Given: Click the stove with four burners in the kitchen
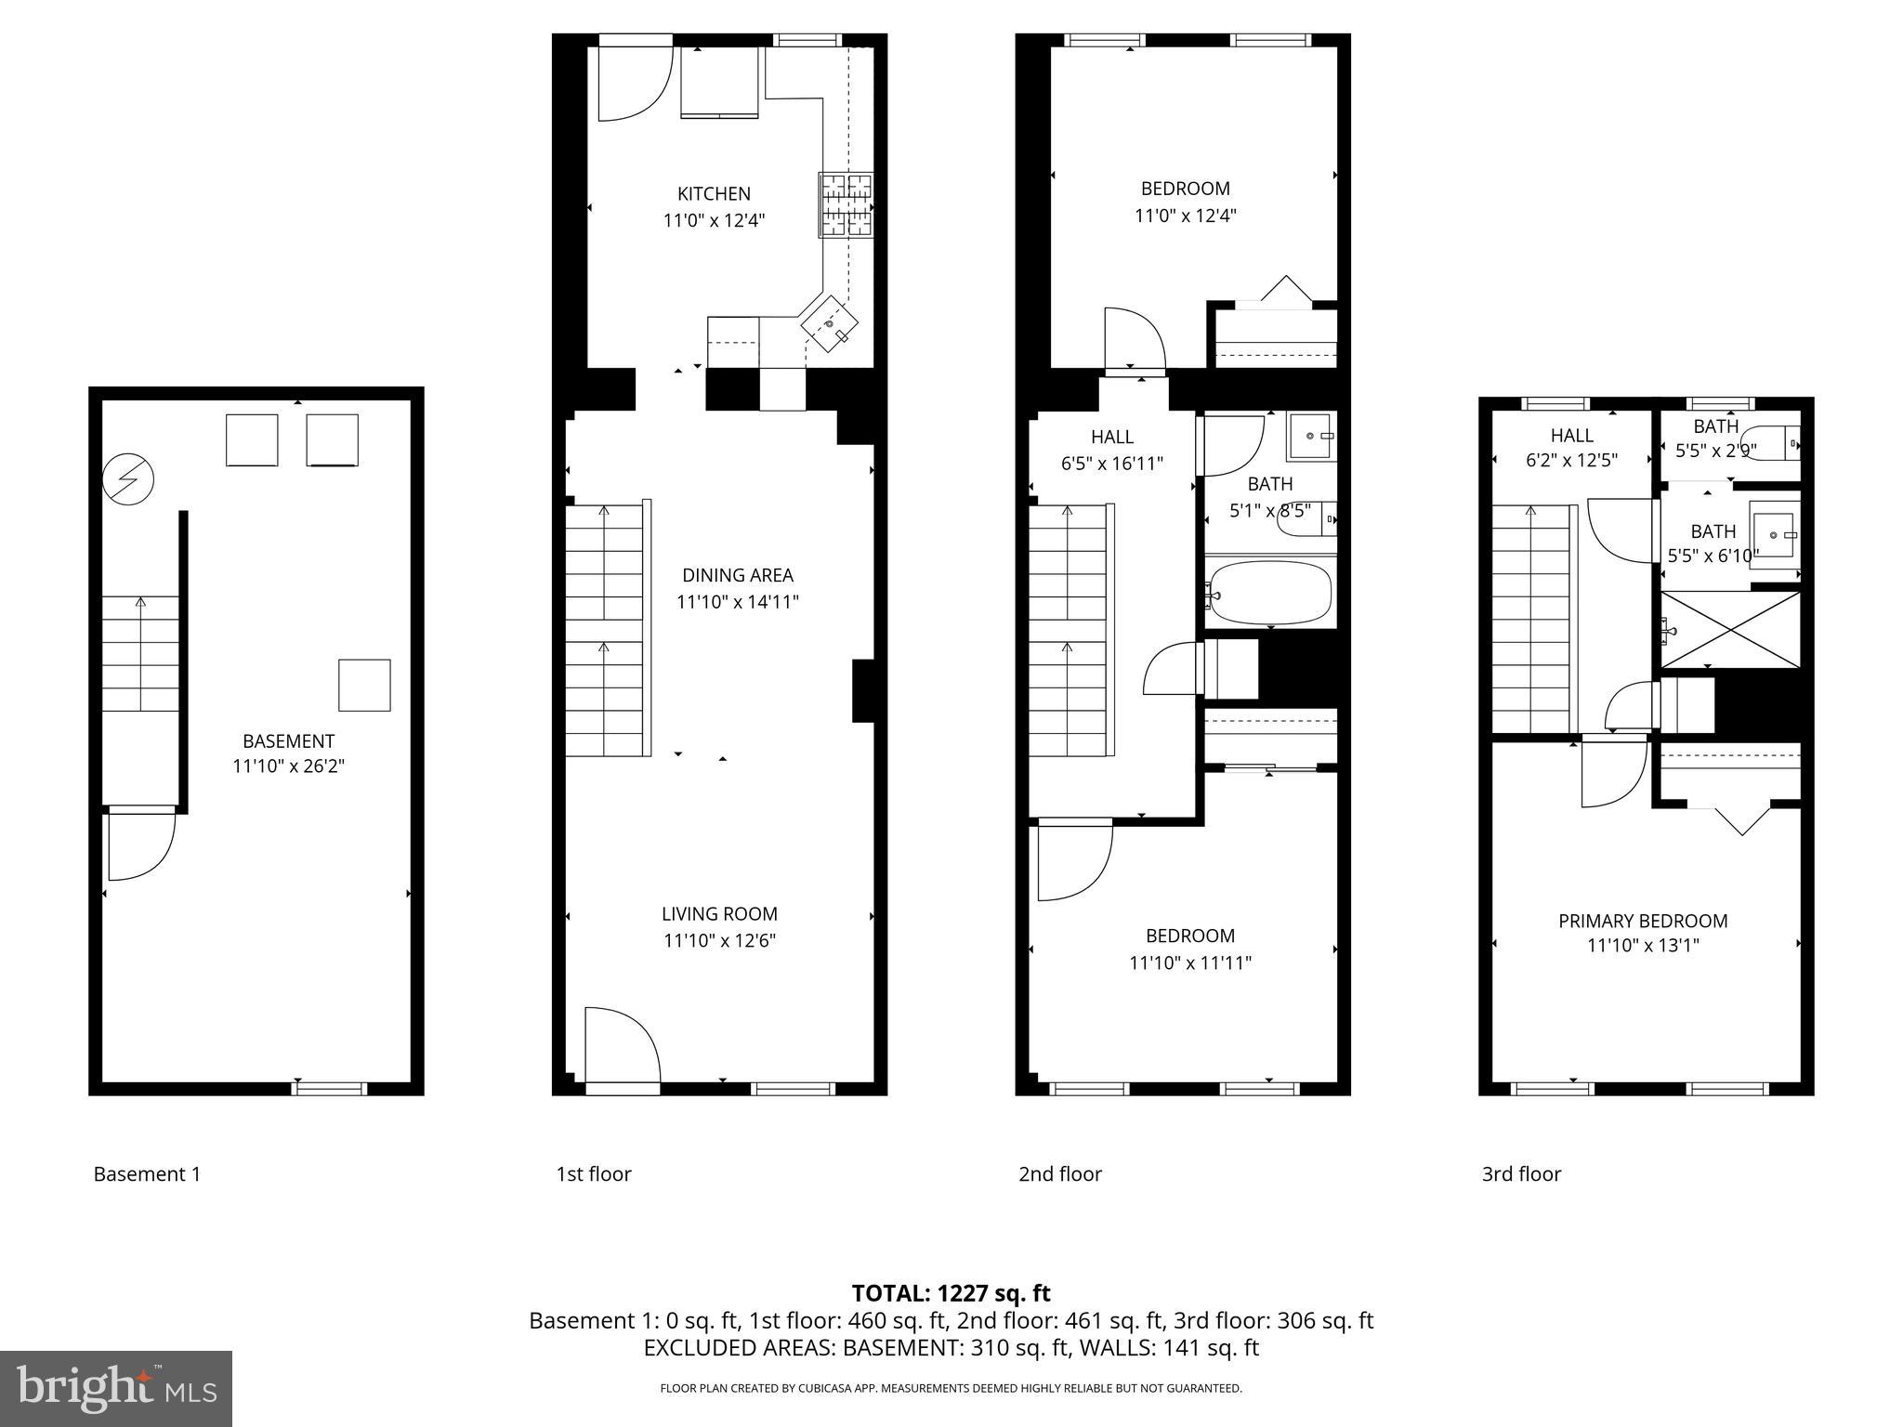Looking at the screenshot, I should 846,204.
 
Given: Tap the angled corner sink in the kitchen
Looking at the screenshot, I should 829,323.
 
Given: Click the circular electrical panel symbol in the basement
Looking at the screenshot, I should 128,479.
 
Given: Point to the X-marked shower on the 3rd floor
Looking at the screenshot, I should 1730,630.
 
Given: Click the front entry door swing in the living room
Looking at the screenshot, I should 622,1046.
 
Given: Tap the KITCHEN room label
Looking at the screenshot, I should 714,193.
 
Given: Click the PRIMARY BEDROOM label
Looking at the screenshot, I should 1643,921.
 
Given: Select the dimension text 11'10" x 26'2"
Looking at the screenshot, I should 288,766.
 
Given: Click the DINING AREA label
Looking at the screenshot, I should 738,575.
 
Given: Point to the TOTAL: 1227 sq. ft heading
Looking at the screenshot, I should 951,1293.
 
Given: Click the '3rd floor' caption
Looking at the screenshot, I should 1521,1173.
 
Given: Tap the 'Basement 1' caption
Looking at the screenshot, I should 147,1173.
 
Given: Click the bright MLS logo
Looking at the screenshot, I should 116,1389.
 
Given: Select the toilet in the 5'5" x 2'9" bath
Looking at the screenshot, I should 1770,443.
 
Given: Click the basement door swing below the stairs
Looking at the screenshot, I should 140,844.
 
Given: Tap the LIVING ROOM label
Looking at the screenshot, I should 719,913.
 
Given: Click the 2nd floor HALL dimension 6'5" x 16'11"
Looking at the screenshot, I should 1112,464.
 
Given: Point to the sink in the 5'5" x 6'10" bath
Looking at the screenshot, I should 1775,534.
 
